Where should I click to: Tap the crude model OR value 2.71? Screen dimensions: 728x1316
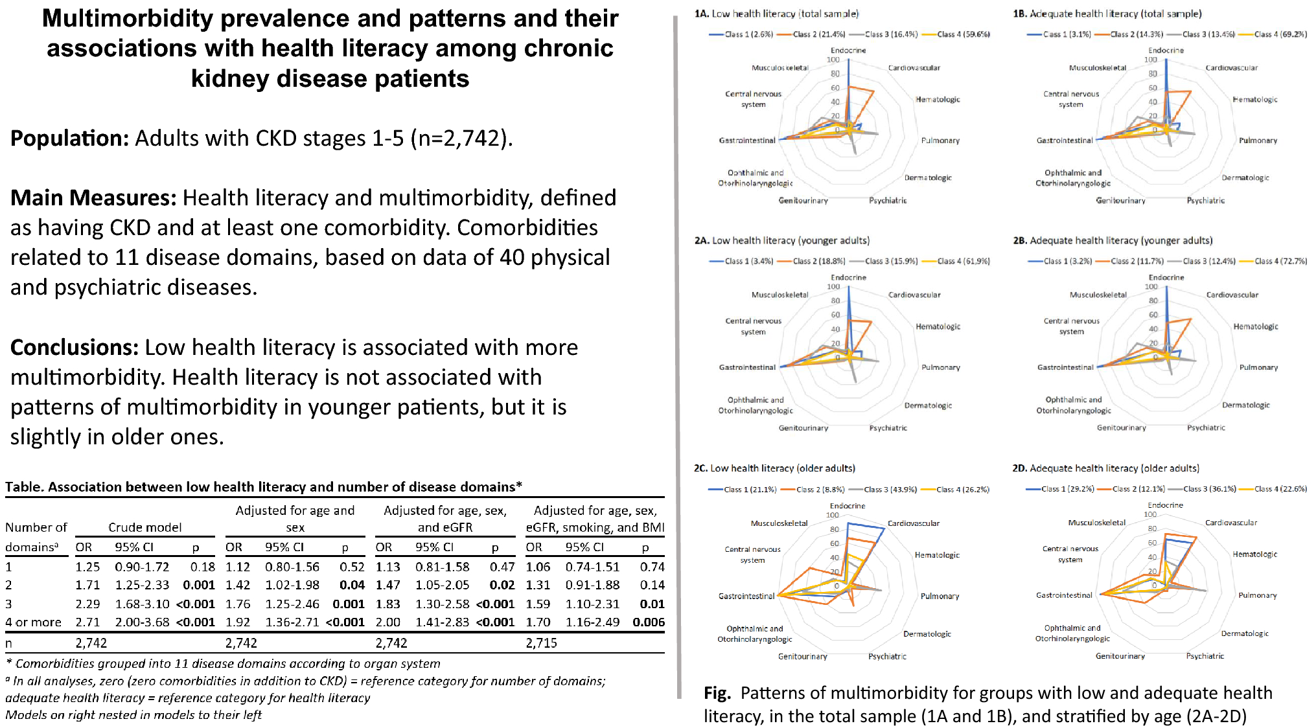[87, 622]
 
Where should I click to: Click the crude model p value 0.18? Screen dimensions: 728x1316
[202, 567]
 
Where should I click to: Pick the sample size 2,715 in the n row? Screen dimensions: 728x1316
[541, 643]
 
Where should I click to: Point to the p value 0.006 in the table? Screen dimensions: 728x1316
[649, 622]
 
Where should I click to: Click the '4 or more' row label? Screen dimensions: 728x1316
[33, 622]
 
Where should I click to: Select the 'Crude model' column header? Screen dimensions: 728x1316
[144, 527]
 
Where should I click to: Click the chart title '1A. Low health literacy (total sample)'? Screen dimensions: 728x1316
[776, 14]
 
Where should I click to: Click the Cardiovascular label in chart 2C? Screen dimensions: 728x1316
[913, 523]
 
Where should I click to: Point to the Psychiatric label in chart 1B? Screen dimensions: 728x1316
[1205, 201]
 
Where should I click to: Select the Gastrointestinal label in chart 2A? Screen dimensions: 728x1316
[746, 367]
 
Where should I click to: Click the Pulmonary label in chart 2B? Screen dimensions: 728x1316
[1258, 367]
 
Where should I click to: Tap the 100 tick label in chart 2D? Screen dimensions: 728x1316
[1149, 514]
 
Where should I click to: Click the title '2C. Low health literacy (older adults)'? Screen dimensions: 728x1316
[774, 468]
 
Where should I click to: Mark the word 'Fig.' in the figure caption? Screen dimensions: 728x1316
[717, 693]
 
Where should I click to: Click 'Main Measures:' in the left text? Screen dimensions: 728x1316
[93, 198]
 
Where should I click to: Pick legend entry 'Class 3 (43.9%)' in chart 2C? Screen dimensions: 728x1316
[890, 490]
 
